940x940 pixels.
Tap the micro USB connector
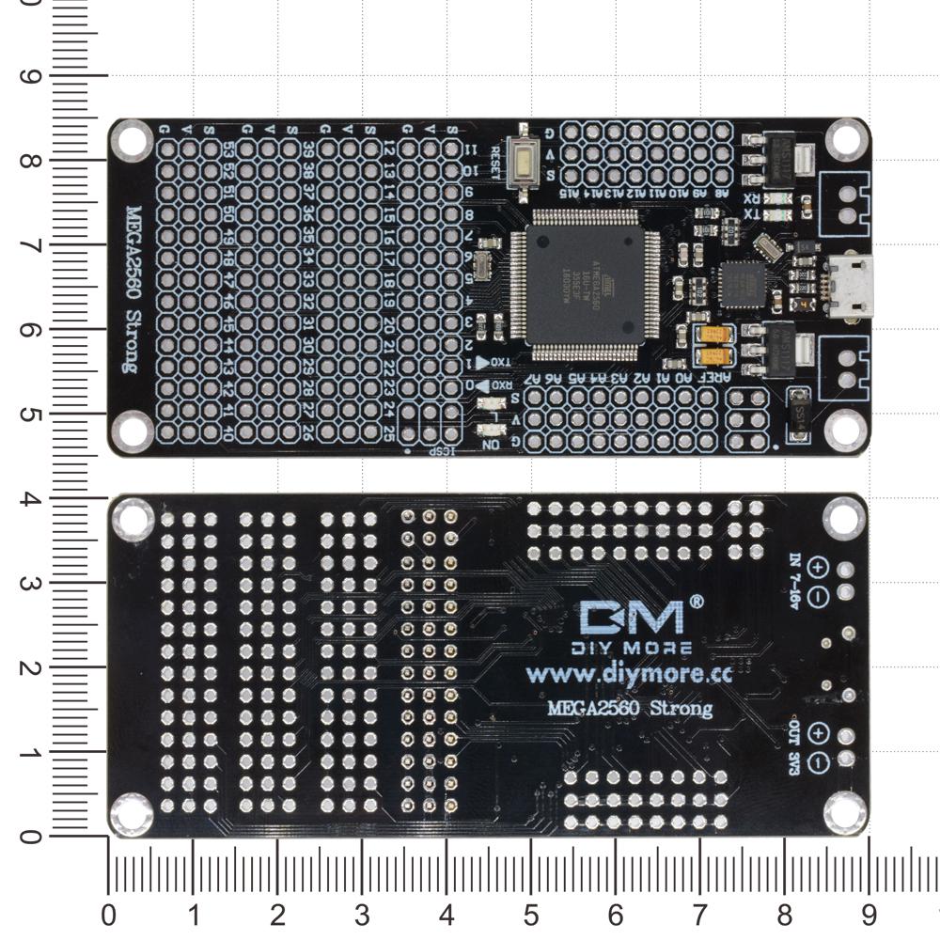(853, 286)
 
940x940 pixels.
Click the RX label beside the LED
(752, 198)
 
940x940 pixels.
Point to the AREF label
(718, 377)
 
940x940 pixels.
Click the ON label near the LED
(491, 444)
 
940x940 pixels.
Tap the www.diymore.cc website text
(628, 673)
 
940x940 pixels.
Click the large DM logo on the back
(633, 618)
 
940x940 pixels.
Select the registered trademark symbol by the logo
(697, 600)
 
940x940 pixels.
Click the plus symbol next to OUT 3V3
(817, 734)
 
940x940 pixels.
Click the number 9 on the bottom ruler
(869, 914)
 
